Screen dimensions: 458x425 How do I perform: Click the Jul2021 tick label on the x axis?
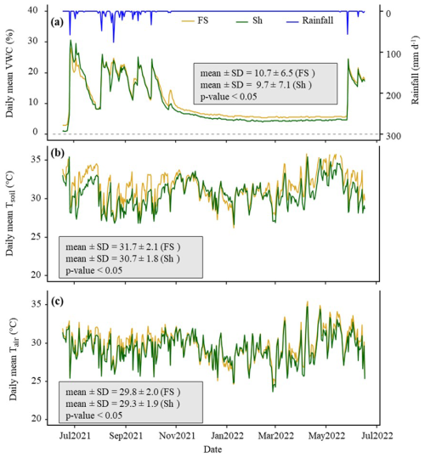tap(76, 435)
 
